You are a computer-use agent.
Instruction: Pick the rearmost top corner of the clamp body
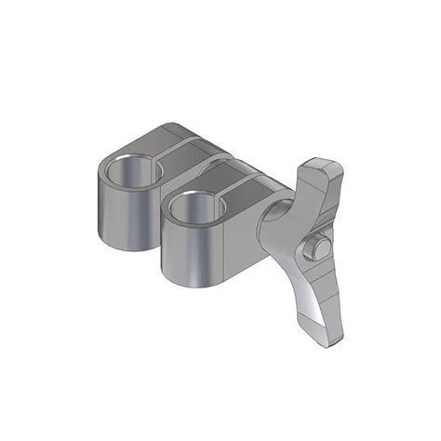[176, 122]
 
